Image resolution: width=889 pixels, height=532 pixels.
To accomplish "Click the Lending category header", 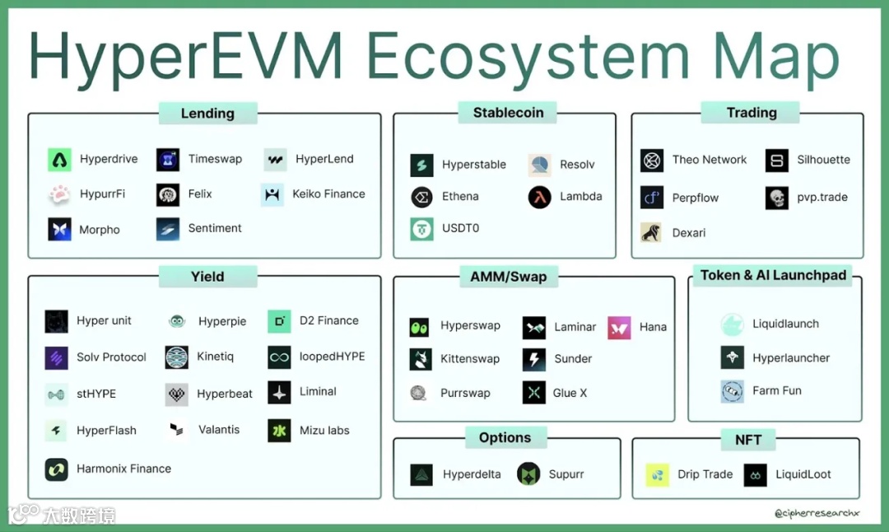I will tap(207, 114).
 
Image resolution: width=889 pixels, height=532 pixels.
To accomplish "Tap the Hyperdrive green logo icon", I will tap(59, 160).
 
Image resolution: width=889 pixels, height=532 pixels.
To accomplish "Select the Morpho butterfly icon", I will tap(59, 229).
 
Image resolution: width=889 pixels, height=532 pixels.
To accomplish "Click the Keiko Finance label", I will tap(328, 194).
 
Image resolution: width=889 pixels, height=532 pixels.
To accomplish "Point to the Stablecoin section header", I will tap(508, 113).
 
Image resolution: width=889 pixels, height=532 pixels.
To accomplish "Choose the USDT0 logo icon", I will tap(422, 229).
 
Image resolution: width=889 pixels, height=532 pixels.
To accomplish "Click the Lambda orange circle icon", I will tap(540, 198).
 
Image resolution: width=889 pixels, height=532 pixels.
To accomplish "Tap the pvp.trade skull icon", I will tap(777, 198).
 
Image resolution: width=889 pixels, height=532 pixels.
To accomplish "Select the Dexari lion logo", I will tap(652, 232).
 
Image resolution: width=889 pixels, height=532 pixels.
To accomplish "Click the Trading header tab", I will tap(752, 113).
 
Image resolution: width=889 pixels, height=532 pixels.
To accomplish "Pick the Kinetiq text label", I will tap(216, 357).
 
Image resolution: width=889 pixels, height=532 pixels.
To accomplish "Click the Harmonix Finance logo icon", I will tap(57, 469).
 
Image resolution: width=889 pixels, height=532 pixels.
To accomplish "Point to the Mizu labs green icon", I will tap(279, 430).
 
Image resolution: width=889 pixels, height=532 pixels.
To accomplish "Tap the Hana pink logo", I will tap(619, 327).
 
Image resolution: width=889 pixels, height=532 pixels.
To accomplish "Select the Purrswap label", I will tap(465, 393).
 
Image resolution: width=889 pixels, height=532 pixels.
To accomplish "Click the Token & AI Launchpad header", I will tap(773, 276).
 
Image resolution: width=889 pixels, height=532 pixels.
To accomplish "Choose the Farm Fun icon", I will tap(733, 391).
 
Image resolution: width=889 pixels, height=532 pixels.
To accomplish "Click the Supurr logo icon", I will tap(528, 474).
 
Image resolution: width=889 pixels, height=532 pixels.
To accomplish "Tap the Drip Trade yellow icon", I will tap(657, 474).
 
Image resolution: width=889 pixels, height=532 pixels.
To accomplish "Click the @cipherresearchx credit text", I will tap(817, 513).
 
